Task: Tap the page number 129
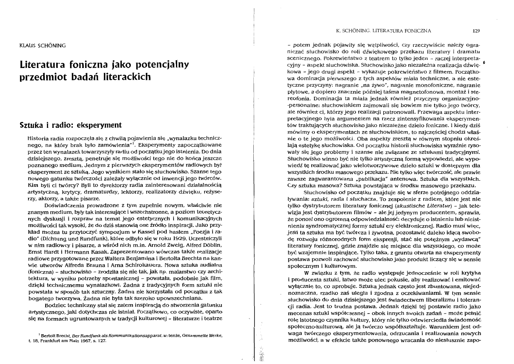476,30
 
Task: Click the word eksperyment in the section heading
99,125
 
